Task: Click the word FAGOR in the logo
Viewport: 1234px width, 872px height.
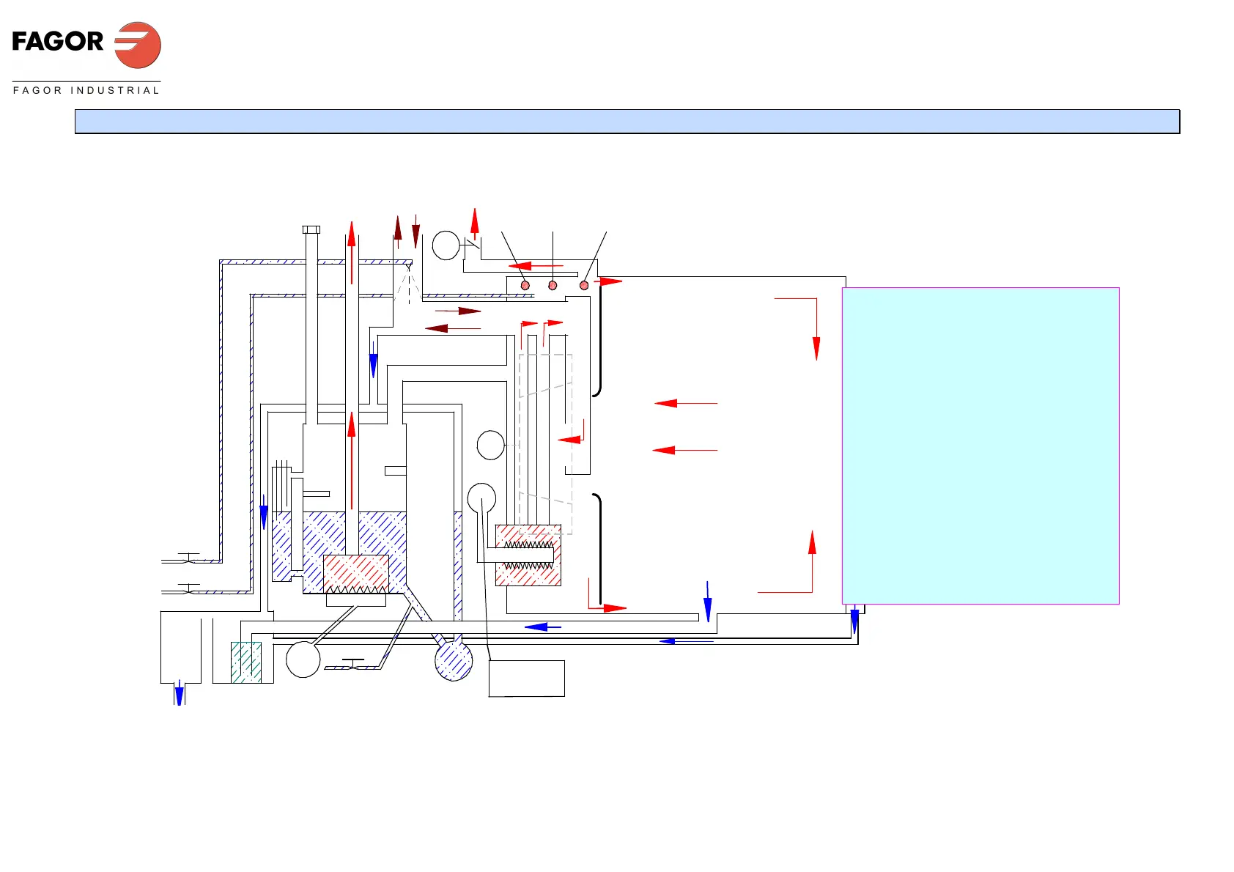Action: pyautogui.click(x=58, y=42)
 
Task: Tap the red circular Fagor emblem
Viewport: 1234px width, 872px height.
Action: pyautogui.click(x=138, y=45)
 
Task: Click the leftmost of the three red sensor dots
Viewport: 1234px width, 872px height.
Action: pyautogui.click(x=525, y=285)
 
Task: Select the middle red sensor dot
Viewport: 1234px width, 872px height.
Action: pyautogui.click(x=553, y=285)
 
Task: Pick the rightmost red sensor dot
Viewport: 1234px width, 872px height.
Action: pyautogui.click(x=584, y=285)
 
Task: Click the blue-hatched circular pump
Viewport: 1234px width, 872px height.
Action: pyautogui.click(x=454, y=661)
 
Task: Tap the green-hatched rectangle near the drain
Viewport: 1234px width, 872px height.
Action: pyautogui.click(x=246, y=662)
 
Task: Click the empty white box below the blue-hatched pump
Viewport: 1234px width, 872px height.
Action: pyautogui.click(x=526, y=679)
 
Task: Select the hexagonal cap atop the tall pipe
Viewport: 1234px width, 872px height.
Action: pyautogui.click(x=311, y=230)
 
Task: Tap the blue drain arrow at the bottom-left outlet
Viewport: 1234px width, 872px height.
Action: pyautogui.click(x=179, y=693)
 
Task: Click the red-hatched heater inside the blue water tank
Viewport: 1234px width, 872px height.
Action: pyautogui.click(x=356, y=574)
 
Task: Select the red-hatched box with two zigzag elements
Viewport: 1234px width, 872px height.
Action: pyautogui.click(x=528, y=555)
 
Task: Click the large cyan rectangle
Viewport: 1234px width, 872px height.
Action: pyautogui.click(x=980, y=446)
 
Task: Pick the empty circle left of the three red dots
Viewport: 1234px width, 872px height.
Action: pyautogui.click(x=446, y=245)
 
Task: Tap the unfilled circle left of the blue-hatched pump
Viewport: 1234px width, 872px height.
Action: pyautogui.click(x=303, y=659)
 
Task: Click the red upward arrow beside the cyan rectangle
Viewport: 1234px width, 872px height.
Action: pyautogui.click(x=812, y=544)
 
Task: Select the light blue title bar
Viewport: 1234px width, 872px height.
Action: pyautogui.click(x=627, y=122)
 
